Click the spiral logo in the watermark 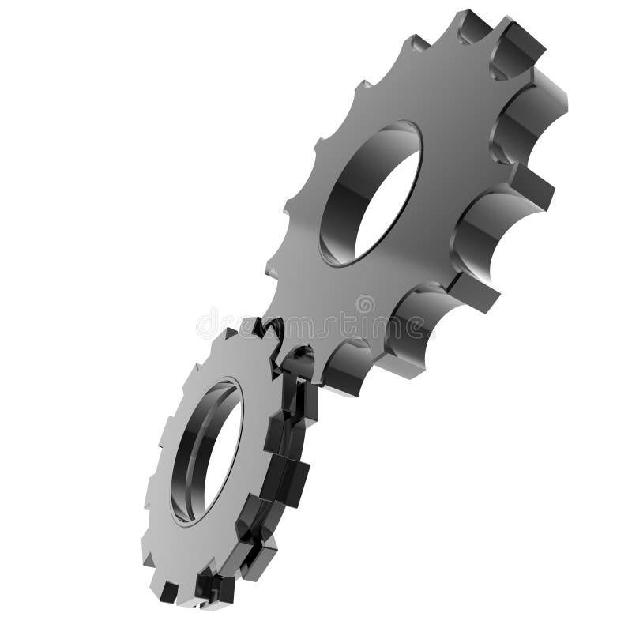365,304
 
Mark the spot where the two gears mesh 280,348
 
